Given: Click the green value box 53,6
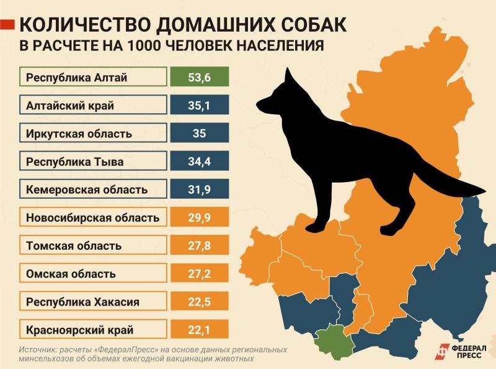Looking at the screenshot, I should tap(199, 77).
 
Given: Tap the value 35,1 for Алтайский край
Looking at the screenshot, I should tap(199, 105).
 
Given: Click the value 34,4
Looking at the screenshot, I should tap(199, 162).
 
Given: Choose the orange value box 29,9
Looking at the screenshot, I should tap(199, 217).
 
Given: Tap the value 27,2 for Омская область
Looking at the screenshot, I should tap(199, 274).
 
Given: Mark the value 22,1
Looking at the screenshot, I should tap(199, 330).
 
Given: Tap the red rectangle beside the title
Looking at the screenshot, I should tap(7, 25).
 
